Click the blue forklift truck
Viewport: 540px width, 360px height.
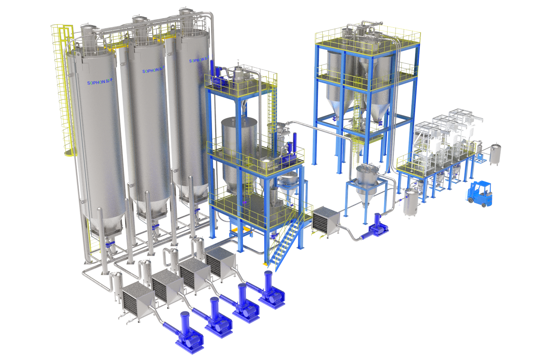click(480, 194)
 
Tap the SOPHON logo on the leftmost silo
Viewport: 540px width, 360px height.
click(100, 82)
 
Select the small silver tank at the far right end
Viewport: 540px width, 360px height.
click(495, 154)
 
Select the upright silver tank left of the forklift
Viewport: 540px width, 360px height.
click(411, 202)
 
